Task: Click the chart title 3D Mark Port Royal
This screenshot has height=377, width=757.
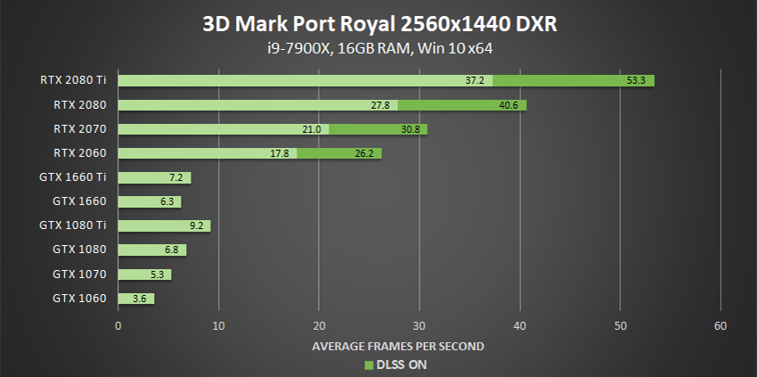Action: [x=378, y=22]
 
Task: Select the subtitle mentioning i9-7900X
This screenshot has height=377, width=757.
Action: [x=378, y=47]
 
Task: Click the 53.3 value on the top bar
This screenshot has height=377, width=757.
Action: [x=636, y=80]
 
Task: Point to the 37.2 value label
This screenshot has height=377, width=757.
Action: [x=474, y=80]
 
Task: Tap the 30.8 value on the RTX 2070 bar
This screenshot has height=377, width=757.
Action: [x=410, y=129]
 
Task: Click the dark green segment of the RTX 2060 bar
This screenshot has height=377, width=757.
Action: [x=339, y=153]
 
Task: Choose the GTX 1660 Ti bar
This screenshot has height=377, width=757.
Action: [x=154, y=177]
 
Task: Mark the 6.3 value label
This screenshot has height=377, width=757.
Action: [x=167, y=201]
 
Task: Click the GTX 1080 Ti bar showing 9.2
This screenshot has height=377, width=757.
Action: [x=164, y=225]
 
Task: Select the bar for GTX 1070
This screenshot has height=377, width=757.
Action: [x=144, y=274]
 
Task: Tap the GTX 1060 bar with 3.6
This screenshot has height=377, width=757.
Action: [x=136, y=298]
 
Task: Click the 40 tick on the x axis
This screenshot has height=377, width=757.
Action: [x=520, y=325]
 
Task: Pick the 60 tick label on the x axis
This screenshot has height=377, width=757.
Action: [x=720, y=325]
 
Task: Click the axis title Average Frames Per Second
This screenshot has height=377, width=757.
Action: [x=398, y=345]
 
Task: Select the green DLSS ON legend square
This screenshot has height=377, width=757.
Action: [x=369, y=365]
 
